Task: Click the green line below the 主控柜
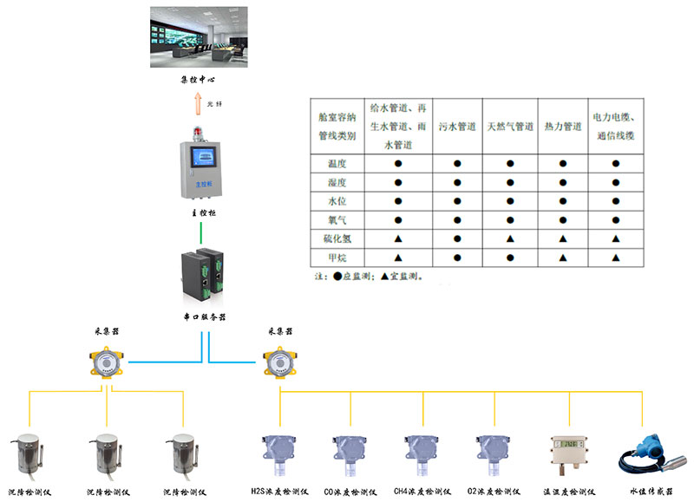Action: [x=201, y=231]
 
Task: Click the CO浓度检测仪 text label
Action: [x=350, y=492]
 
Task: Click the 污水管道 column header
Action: [x=457, y=127]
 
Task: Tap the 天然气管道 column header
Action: [x=510, y=127]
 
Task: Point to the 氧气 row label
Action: [x=337, y=219]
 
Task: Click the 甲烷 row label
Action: [x=337, y=258]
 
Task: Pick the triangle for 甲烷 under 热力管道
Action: [x=563, y=258]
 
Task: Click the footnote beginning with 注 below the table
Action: [x=374, y=277]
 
